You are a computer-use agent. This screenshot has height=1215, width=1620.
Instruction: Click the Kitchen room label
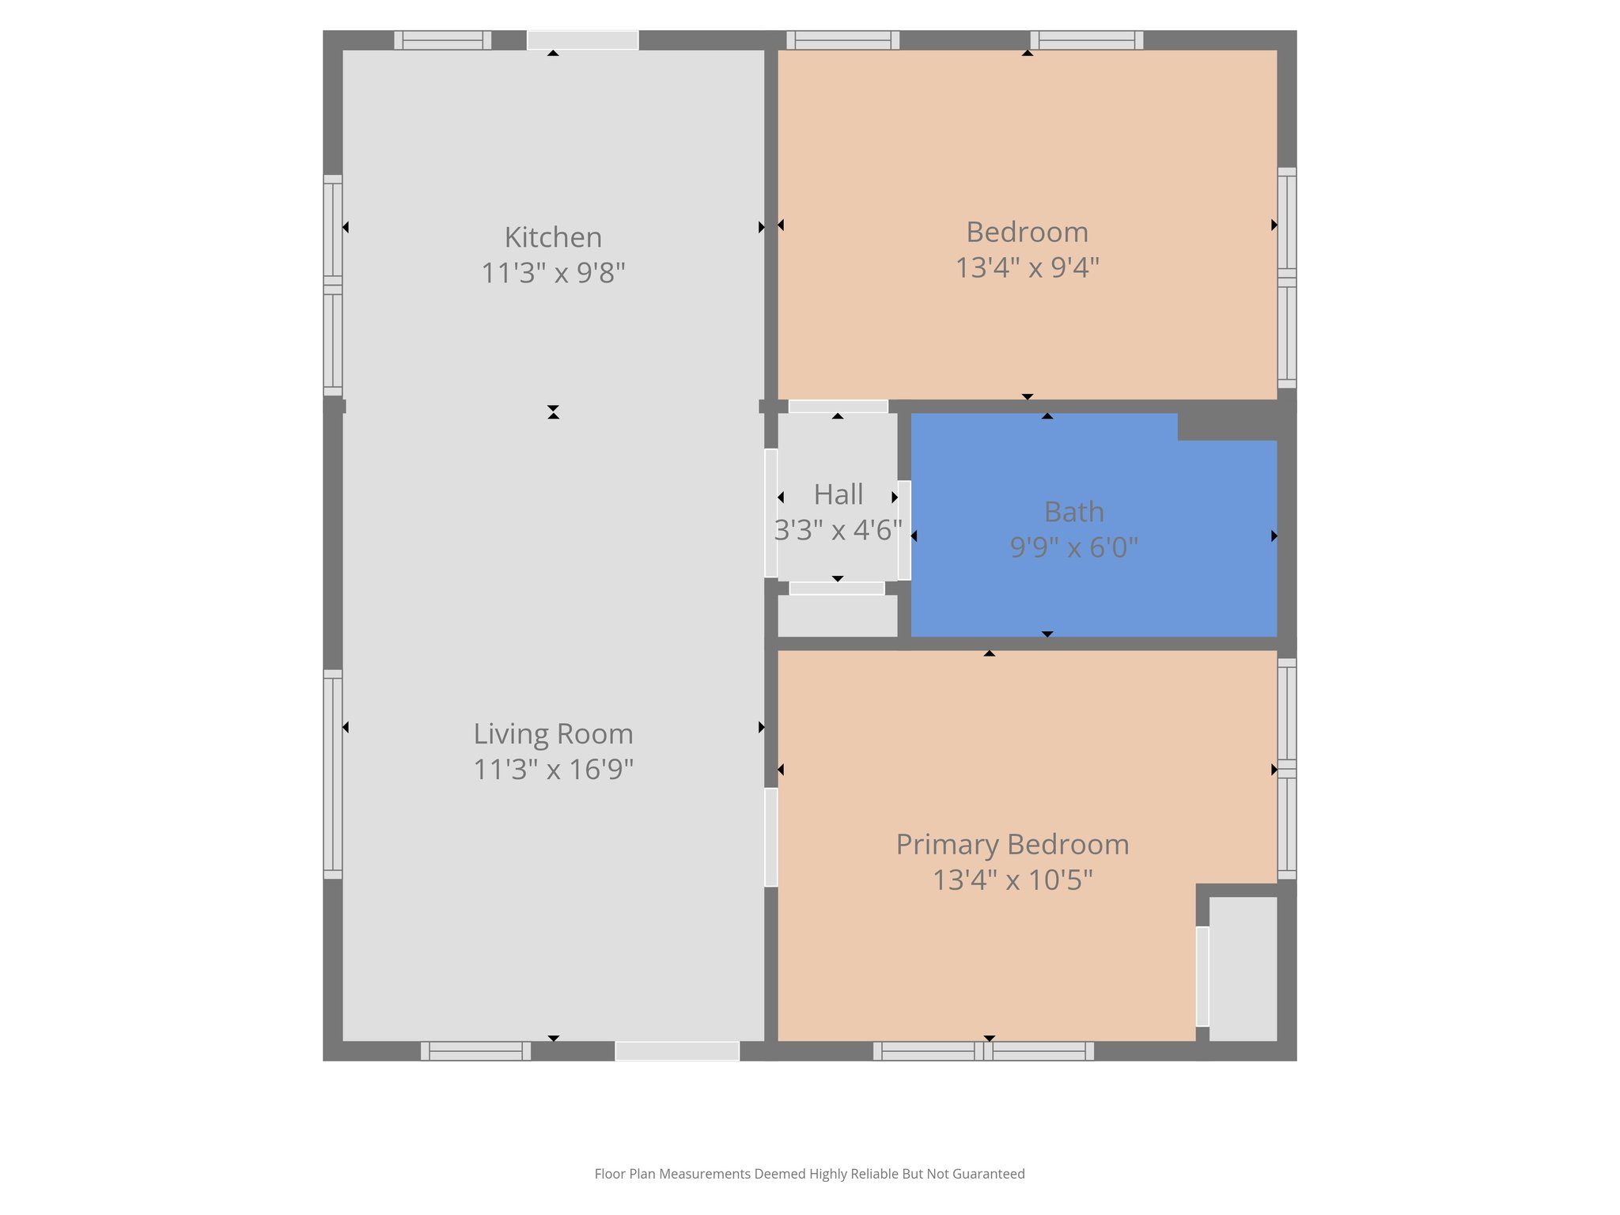pos(553,237)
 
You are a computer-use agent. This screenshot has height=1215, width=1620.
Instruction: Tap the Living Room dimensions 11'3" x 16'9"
pos(553,769)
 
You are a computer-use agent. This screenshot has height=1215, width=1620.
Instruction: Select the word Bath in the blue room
pos(1073,512)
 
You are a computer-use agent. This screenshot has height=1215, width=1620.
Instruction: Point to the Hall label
pos(838,494)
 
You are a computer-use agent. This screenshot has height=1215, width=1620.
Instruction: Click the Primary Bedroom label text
pos(1012,844)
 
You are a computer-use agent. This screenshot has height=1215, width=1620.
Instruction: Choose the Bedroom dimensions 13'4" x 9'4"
pos(1027,267)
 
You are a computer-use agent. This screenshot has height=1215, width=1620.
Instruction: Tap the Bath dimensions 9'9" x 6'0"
pos(1073,547)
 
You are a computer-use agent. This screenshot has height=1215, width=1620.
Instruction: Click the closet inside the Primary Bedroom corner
pos(1243,968)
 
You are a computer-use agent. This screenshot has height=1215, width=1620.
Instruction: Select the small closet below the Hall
pos(837,615)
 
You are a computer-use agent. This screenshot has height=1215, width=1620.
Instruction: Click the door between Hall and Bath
pos(904,529)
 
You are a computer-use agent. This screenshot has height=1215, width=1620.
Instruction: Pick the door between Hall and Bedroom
pos(838,407)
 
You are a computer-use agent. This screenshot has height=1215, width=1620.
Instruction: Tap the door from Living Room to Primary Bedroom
pos(770,837)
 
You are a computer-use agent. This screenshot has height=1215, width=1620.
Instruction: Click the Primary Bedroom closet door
pos(1202,976)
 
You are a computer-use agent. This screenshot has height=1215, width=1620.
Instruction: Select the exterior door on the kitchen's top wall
pos(582,40)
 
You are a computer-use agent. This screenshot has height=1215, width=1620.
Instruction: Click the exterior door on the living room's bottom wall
pos(677,1051)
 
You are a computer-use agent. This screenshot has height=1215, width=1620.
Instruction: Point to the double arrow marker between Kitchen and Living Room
pos(553,411)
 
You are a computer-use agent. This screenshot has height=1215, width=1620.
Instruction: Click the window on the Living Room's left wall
pos(333,774)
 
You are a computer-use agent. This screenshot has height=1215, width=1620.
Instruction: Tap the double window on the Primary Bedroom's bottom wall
pos(983,1051)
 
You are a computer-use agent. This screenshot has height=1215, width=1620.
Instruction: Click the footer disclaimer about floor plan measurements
pos(809,1174)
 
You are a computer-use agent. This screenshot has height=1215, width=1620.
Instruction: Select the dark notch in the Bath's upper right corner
pos(1227,426)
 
